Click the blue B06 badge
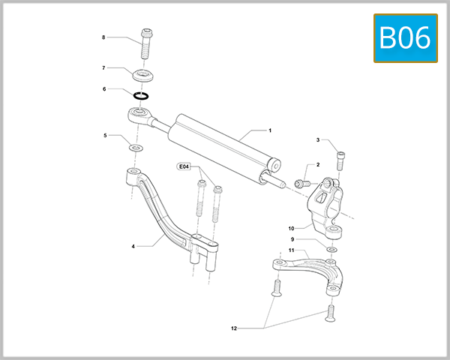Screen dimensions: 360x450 pos(405,37)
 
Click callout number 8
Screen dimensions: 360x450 pos(103,37)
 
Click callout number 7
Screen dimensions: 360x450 pos(103,68)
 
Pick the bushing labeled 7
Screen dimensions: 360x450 pos(142,76)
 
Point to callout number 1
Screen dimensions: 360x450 pos(270,130)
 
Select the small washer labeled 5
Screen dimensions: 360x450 pos(135,148)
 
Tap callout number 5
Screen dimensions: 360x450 pos(105,136)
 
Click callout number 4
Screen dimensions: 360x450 pos(133,246)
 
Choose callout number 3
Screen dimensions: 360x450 pos(318,140)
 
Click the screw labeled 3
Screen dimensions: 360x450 pos(341,159)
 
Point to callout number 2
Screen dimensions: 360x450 pos(318,165)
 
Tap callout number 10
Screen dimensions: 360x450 pos(292,228)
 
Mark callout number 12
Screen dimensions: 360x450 pos(233,328)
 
